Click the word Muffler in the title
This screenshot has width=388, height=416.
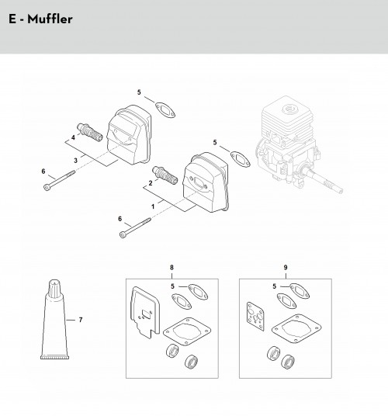click(50, 19)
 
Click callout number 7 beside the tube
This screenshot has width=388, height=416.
click(81, 320)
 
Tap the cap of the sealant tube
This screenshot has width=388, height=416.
click(54, 288)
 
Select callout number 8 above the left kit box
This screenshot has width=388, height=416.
click(171, 267)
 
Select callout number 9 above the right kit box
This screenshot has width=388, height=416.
click(286, 267)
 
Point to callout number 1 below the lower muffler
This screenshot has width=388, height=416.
click(153, 206)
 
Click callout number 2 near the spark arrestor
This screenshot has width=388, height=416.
click(151, 183)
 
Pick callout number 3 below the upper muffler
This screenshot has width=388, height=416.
click(75, 161)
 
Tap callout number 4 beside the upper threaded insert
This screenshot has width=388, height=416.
click(73, 137)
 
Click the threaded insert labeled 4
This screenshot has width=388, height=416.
click(90, 132)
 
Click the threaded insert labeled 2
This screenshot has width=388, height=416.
click(165, 175)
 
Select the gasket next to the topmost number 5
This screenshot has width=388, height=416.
click(165, 110)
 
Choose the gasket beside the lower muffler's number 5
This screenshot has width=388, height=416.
click(241, 159)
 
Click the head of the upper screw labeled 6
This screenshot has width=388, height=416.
click(47, 187)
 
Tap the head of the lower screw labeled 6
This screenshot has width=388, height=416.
click(123, 234)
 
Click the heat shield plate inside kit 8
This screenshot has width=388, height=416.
click(145, 313)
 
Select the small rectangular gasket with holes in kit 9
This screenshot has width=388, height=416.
click(255, 317)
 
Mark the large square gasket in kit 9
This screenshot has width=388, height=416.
click(296, 329)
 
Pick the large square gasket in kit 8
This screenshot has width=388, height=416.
click(187, 331)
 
